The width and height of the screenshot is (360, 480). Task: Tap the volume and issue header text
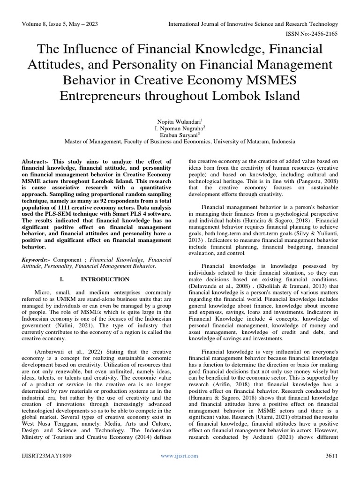[60, 23]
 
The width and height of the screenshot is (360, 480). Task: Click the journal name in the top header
[254, 23]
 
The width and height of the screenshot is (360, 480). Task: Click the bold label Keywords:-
[37, 259]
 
